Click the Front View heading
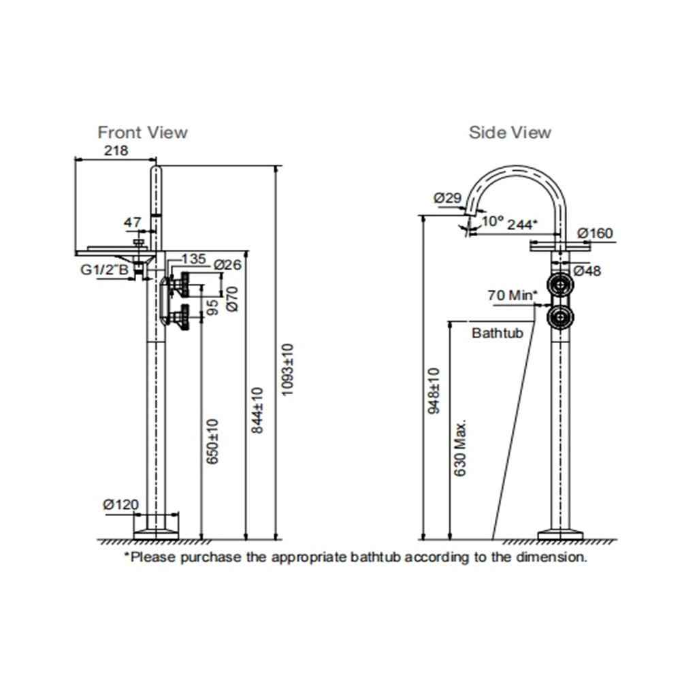pos(142,132)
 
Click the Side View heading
pos(510,132)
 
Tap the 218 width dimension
pos(116,151)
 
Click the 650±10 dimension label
pos(212,442)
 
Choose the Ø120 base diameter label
pos(120,504)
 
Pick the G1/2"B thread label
pos(104,270)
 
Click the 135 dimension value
pos(194,259)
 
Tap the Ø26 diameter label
pos(227,264)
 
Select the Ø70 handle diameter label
pos(231,299)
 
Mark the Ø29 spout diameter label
pos(447,198)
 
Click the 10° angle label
pos(493,222)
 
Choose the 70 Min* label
pos(512,295)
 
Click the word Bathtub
pos(497,334)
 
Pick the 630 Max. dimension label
pos(460,447)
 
